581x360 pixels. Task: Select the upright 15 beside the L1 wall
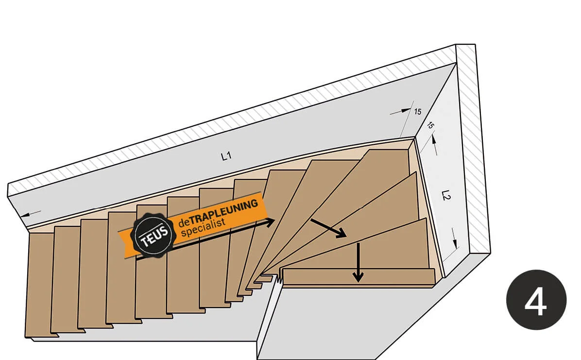coord(417,112)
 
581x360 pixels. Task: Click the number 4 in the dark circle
coord(536,300)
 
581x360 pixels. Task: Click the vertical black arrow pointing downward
coord(358,262)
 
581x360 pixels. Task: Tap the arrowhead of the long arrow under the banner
coord(270,222)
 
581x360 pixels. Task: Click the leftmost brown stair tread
coord(40,284)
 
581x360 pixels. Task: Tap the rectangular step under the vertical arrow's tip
coord(358,277)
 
